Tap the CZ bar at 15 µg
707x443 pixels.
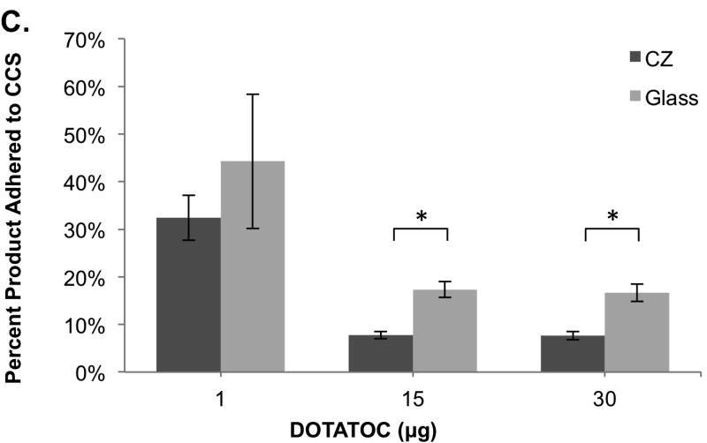click(x=380, y=353)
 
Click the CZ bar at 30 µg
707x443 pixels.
click(x=573, y=353)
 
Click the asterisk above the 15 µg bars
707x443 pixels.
click(x=421, y=216)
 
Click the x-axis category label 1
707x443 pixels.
click(x=220, y=398)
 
